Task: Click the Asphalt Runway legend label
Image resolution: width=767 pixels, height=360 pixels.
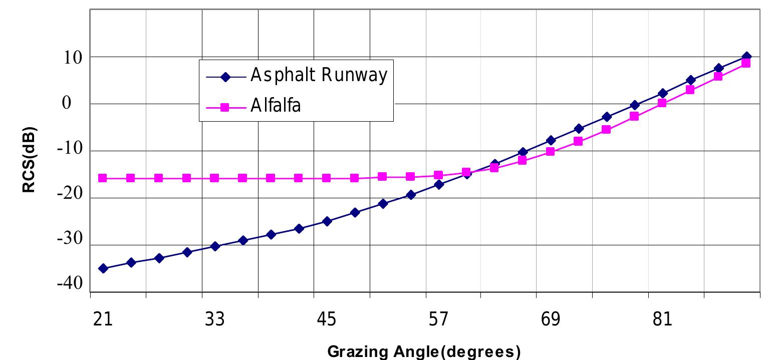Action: click(x=319, y=76)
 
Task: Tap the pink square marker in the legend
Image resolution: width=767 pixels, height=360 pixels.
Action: click(x=224, y=107)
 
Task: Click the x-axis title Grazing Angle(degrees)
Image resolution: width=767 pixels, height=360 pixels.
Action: click(x=421, y=352)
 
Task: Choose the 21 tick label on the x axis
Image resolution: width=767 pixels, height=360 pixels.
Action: click(x=103, y=319)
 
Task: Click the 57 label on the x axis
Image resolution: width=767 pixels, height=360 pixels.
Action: click(x=438, y=319)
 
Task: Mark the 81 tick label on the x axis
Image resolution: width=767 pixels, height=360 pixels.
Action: click(x=662, y=319)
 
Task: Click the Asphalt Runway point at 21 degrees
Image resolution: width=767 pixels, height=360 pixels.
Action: click(x=103, y=268)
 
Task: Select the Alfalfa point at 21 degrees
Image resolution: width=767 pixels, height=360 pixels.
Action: click(x=103, y=178)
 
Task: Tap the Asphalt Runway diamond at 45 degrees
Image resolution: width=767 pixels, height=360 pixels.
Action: click(x=327, y=221)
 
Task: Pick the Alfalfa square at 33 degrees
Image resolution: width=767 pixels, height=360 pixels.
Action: click(x=214, y=178)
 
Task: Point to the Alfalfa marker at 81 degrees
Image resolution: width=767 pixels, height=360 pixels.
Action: click(x=662, y=103)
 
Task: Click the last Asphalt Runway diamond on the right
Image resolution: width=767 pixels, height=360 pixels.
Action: click(x=746, y=57)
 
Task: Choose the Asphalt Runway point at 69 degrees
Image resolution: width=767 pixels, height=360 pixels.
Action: click(x=551, y=140)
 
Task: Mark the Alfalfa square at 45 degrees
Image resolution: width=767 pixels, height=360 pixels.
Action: click(x=326, y=178)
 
